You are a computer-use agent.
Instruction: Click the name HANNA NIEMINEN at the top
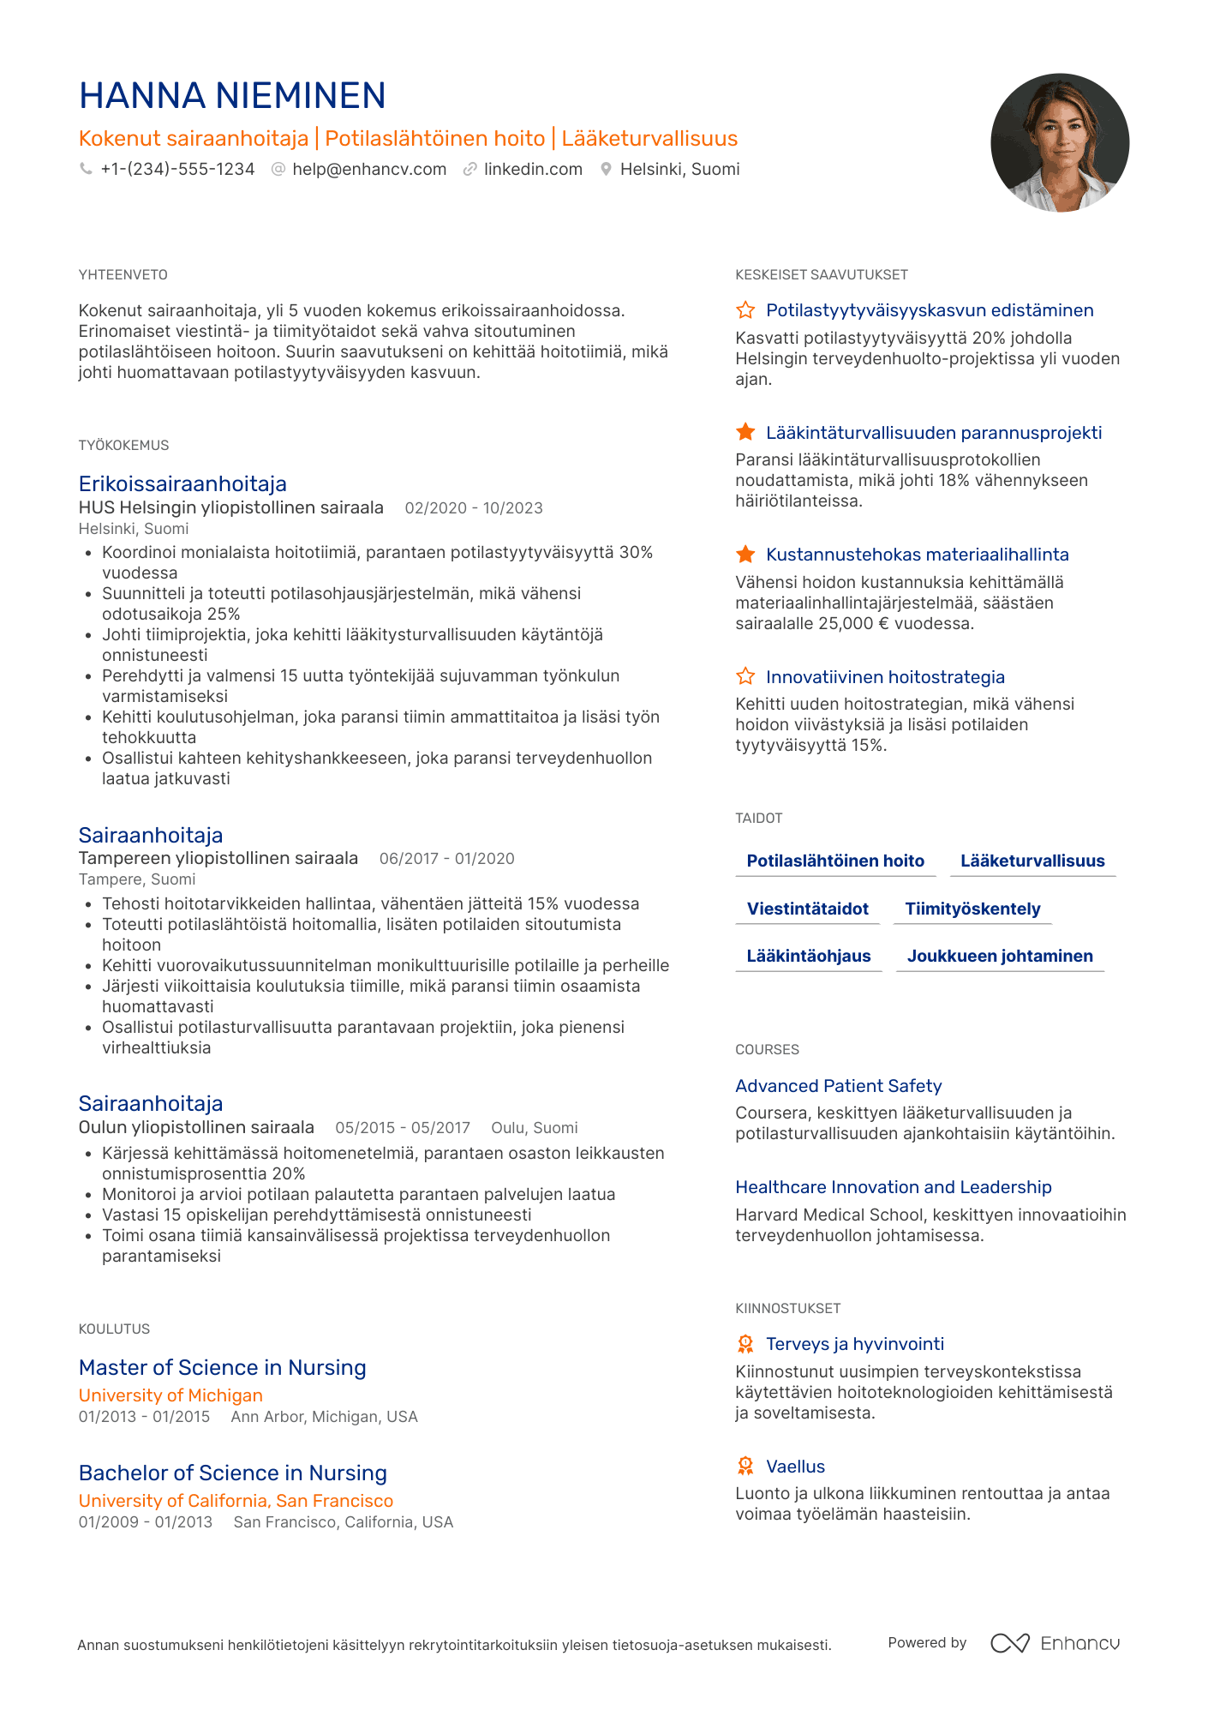click(232, 96)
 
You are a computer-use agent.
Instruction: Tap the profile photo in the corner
click(1059, 142)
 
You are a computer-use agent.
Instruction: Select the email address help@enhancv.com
click(369, 170)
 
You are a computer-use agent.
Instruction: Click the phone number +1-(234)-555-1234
click(177, 170)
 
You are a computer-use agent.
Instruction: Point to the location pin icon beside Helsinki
click(606, 170)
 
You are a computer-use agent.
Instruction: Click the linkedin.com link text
click(533, 170)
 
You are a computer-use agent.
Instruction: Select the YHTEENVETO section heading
click(123, 275)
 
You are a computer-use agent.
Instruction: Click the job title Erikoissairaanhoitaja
click(182, 484)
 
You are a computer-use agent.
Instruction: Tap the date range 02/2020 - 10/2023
click(474, 508)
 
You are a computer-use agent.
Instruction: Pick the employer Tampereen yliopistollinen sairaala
click(218, 859)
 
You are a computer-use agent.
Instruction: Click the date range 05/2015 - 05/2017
click(403, 1128)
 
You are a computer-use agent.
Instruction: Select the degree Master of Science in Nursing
click(223, 1368)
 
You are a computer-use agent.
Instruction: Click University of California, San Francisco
click(236, 1502)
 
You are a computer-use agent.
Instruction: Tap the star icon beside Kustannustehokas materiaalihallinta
click(745, 555)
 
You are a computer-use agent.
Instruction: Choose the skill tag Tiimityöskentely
click(972, 909)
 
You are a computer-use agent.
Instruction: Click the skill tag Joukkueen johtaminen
click(1000, 957)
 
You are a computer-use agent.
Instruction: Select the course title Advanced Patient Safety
click(838, 1087)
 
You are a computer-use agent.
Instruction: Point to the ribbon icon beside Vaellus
click(745, 1467)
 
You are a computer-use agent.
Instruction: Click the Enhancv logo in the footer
click(1056, 1643)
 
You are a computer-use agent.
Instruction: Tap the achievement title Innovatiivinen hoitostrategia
click(885, 678)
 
